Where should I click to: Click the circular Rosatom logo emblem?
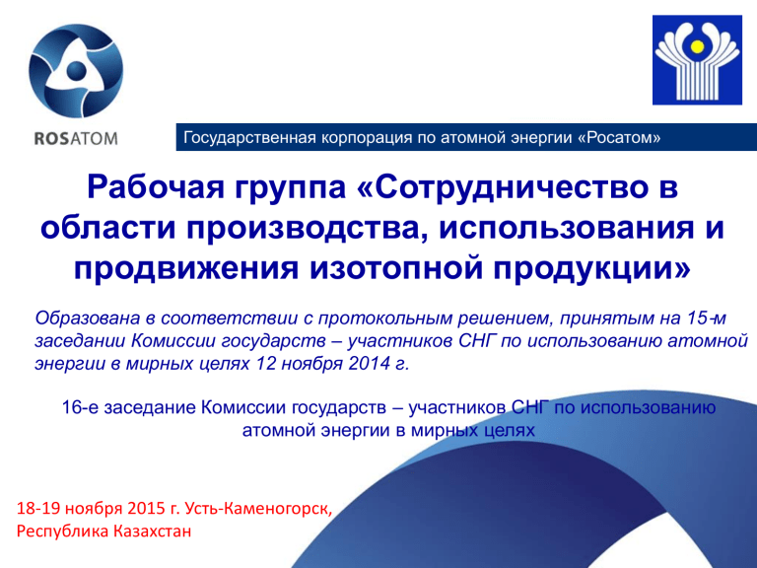click(x=76, y=71)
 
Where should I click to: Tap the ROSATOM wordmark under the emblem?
click(x=76, y=139)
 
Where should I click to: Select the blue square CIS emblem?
click(x=697, y=60)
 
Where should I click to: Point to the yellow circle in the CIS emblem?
click(x=697, y=46)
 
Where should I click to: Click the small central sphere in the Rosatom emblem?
click(x=76, y=71)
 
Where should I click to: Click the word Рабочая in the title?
click(x=156, y=187)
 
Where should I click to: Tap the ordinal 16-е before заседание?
click(x=80, y=407)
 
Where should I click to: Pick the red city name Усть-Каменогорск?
click(x=258, y=509)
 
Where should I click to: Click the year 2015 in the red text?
click(x=146, y=509)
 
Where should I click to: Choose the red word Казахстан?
click(x=152, y=532)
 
